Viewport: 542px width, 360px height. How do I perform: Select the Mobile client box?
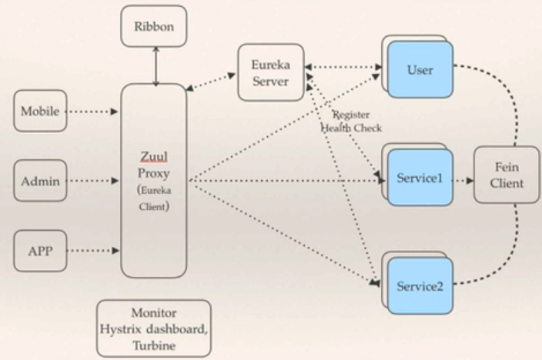pos(40,112)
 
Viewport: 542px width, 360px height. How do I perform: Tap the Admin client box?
pos(40,182)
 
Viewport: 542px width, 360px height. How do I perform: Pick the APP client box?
pos(39,250)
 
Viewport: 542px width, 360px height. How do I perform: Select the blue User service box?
pos(420,70)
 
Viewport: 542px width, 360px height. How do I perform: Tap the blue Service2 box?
pos(420,286)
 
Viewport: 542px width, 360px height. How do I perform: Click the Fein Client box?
pos(506,175)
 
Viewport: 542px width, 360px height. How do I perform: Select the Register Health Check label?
pos(350,122)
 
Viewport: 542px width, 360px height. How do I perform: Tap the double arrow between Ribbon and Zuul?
pos(155,65)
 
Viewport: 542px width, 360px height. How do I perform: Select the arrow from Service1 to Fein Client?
pos(462,182)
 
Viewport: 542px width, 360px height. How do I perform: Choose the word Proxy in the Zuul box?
pos(154,173)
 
